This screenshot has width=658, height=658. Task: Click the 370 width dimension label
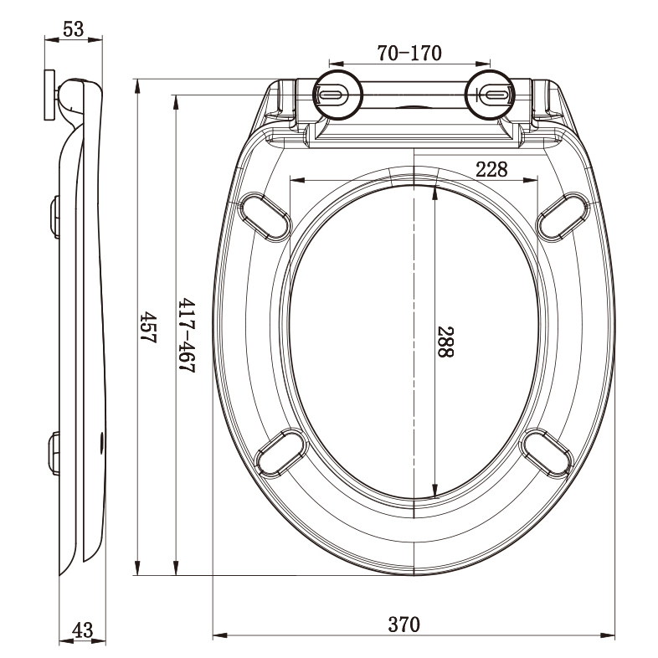coord(404,624)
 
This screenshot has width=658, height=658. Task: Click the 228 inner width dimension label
coord(491,169)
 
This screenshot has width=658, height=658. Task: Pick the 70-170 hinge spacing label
coord(409,54)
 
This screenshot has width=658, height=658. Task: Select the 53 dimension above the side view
coord(74,28)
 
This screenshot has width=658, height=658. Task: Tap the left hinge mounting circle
coord(337,95)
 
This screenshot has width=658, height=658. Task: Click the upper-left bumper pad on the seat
coord(267,215)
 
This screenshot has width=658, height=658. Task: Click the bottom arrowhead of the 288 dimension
coord(435,492)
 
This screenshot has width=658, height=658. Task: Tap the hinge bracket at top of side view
coord(53,96)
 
